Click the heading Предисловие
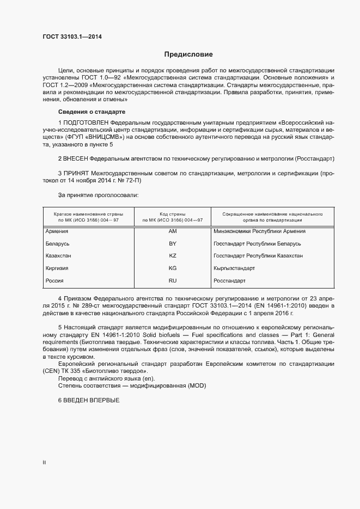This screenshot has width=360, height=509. pos(188,54)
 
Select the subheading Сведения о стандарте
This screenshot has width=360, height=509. pos(91,112)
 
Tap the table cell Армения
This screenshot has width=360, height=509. pos(57,231)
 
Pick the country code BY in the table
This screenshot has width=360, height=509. pos(173,244)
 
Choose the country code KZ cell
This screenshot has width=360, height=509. pos(173,256)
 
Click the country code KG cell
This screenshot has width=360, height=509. pos(173,268)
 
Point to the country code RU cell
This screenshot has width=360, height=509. pos(173,280)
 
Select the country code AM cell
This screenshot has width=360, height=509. pos(173,231)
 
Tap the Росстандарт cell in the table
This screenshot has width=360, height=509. pos(230,280)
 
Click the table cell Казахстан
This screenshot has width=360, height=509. pos(58,256)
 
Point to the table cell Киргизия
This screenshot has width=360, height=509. pos(57,268)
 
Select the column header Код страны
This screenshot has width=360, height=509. pos(172,214)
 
